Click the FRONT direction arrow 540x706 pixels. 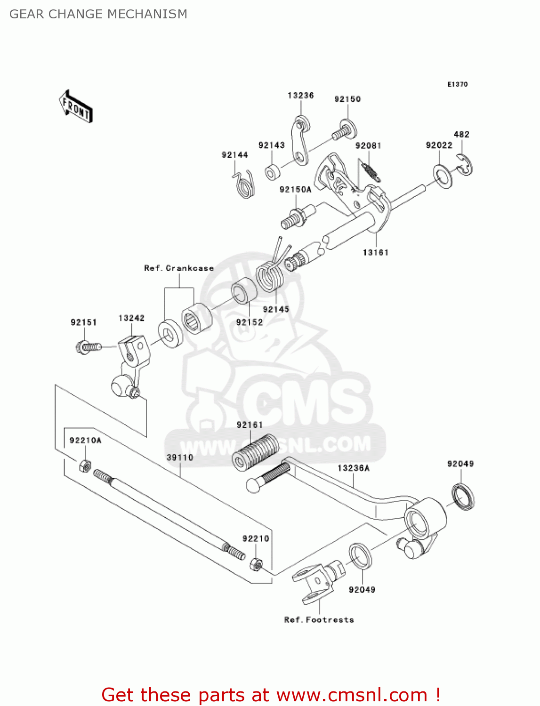tap(76, 107)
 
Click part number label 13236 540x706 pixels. tap(300, 96)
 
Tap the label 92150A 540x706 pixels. tap(295, 190)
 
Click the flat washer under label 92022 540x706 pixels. tap(442, 175)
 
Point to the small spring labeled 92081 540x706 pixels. tap(371, 170)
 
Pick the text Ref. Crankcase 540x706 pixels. tap(179, 268)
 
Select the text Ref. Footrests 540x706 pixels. tap(319, 620)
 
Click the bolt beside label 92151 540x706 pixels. tap(88, 347)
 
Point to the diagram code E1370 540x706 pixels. tap(457, 84)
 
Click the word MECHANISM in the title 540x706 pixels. tap(147, 14)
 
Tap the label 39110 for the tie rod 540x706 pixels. tap(180, 457)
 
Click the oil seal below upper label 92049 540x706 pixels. tap(463, 496)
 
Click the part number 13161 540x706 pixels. tap(375, 253)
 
